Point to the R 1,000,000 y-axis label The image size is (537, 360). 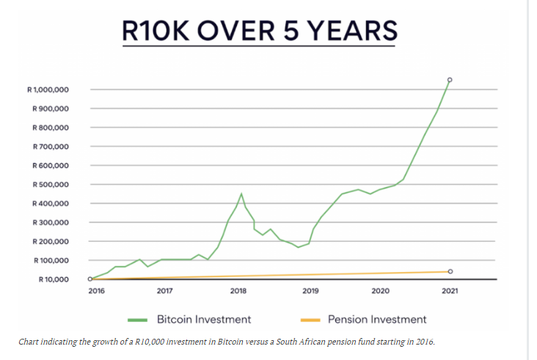(48, 90)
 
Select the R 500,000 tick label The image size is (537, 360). (51, 185)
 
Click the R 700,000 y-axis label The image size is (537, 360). (51, 147)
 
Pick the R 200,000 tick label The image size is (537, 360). (51, 241)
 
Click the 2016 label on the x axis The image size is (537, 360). (96, 291)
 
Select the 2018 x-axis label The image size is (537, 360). (238, 291)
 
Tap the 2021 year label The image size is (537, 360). (450, 291)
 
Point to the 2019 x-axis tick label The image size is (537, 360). (310, 291)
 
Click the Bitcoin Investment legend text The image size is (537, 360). (204, 319)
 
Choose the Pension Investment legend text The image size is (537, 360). (377, 319)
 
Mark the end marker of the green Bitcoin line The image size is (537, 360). (450, 79)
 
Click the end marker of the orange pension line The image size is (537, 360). (450, 271)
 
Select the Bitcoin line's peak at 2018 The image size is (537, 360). (241, 194)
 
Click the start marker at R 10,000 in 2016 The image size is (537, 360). (90, 279)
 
